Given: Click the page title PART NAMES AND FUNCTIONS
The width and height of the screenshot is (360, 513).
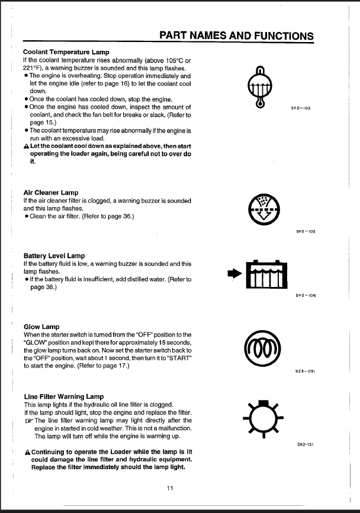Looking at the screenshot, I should click(237, 36).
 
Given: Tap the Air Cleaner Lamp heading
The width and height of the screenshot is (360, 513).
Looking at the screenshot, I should click(51, 193).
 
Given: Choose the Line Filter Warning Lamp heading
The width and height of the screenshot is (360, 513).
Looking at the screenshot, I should click(64, 396).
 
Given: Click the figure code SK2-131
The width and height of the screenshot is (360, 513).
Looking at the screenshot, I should click(304, 443).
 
